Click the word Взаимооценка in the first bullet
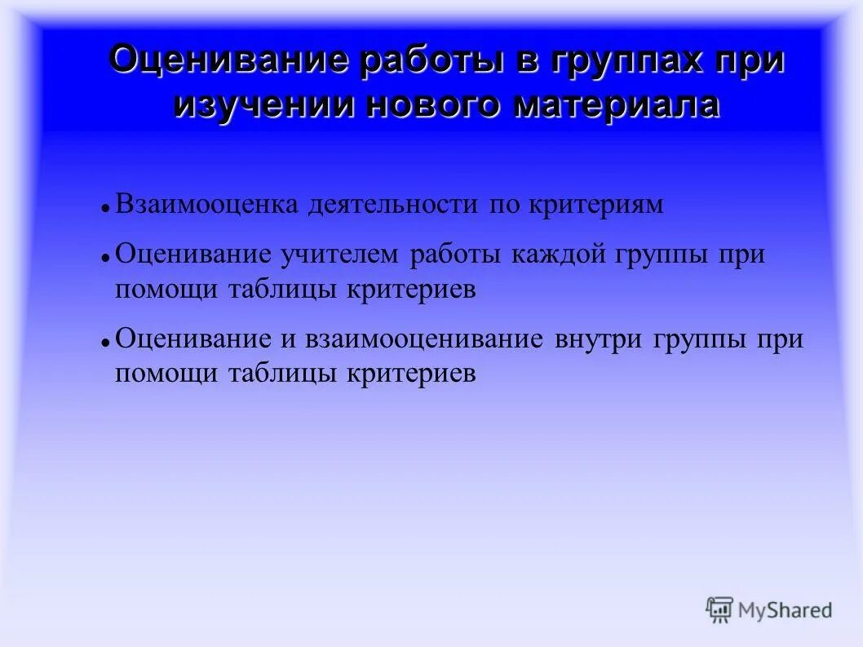coord(207,205)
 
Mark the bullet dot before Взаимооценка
coord(106,210)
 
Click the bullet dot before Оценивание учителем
coord(106,259)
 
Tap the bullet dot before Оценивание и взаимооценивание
coord(106,343)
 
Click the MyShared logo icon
coord(719,609)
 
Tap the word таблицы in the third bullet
coord(282,374)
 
